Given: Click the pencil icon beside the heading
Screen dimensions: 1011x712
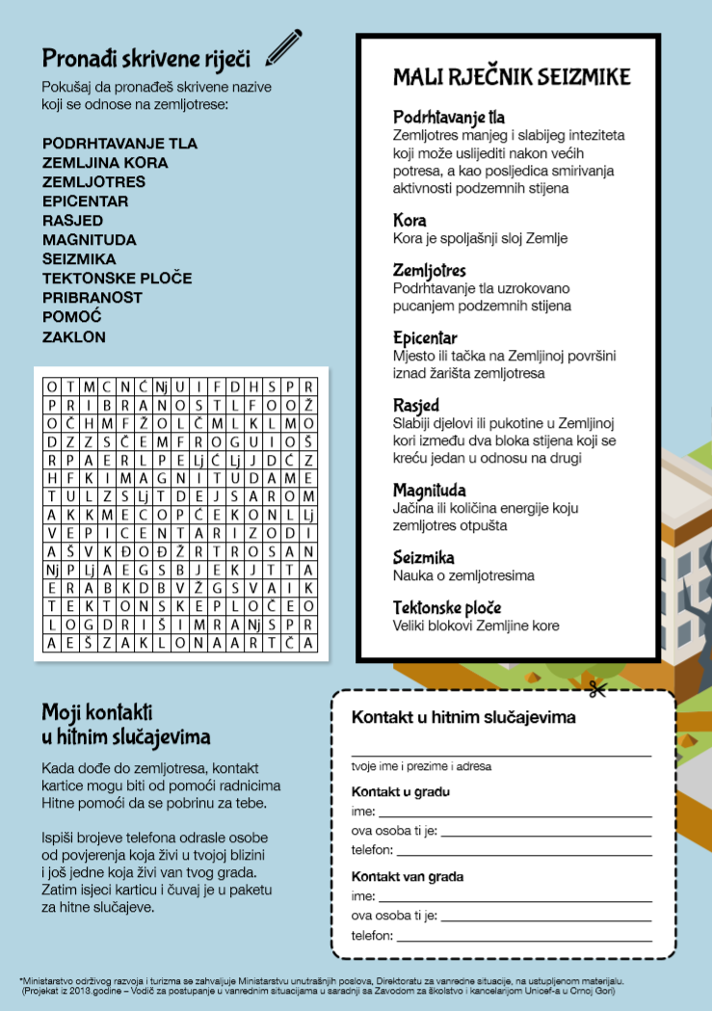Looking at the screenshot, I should pos(283,47).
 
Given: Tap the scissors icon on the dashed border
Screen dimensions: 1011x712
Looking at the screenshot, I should pos(596,688).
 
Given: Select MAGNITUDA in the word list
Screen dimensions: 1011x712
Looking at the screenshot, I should pos(90,240).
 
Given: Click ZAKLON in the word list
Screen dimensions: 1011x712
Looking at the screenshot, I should pos(74,337).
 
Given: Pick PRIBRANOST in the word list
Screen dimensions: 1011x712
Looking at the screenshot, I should pos(92,298).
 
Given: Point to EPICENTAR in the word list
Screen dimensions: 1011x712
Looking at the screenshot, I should pos(86,201).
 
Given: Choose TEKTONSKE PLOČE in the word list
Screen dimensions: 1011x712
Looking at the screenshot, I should pos(117,279).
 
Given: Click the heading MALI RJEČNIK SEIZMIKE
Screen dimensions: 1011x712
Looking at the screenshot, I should pos(512,77).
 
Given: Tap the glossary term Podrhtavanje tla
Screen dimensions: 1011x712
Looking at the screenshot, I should pos(449,118).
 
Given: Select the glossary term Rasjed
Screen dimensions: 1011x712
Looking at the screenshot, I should pos(416,405).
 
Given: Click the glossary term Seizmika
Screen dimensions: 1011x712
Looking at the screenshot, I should pos(424,557).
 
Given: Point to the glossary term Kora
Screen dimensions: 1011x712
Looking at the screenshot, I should pos(409,221).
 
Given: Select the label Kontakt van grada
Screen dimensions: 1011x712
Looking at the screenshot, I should pos(408,877).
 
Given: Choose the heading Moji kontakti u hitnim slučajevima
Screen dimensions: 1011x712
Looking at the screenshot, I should pos(125,725).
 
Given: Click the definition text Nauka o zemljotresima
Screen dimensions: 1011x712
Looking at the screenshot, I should pos(463,576).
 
